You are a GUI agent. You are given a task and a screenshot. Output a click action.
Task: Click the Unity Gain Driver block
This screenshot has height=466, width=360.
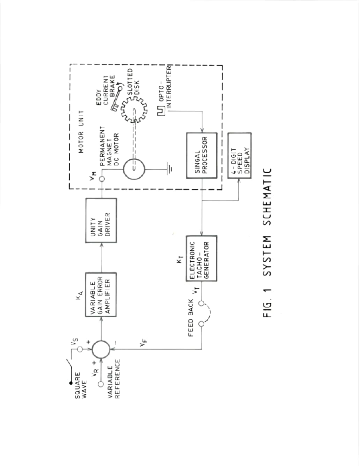point(101,220)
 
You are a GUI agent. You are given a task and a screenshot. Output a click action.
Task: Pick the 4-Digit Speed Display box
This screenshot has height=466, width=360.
point(239,156)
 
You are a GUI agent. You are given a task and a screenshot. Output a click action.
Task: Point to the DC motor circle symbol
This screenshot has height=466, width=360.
point(134,169)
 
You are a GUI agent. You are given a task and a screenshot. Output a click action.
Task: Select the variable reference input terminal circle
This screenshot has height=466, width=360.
point(101,384)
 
